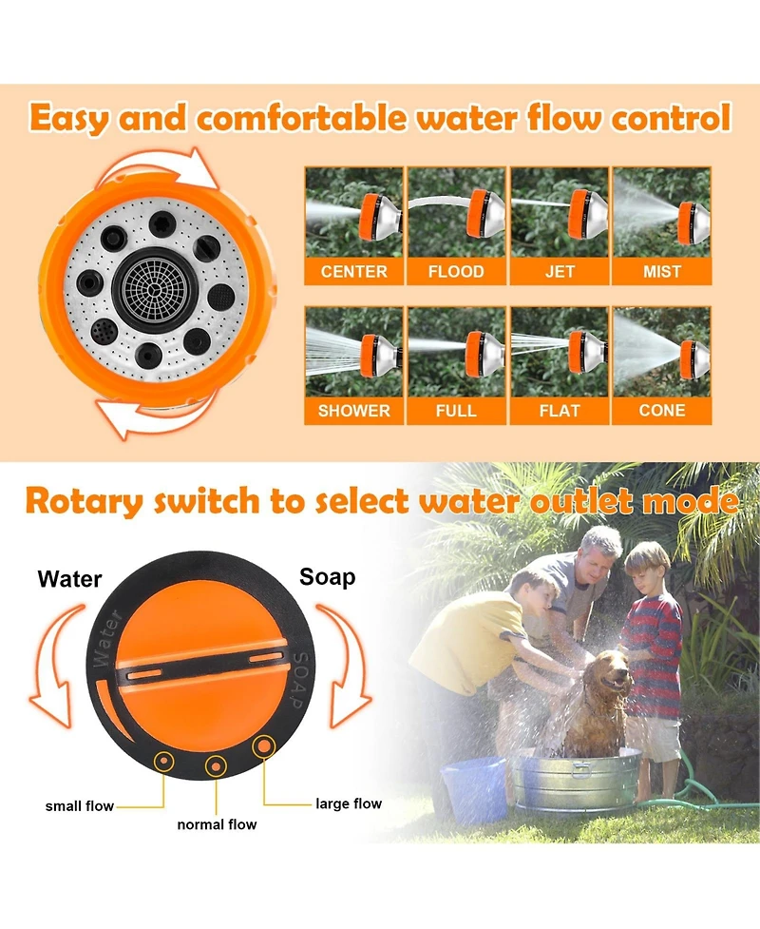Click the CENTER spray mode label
[x=353, y=272]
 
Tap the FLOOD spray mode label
[x=456, y=272]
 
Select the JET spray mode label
[x=560, y=272]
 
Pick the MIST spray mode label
[x=661, y=272]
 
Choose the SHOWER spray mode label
[x=353, y=411]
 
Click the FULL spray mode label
[x=456, y=411]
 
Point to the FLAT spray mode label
[x=560, y=411]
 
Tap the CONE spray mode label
[x=661, y=411]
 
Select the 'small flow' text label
[x=80, y=806]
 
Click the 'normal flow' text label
[x=217, y=824]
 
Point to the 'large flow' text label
[x=349, y=804]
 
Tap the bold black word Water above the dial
[x=69, y=578]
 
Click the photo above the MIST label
[x=661, y=212]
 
